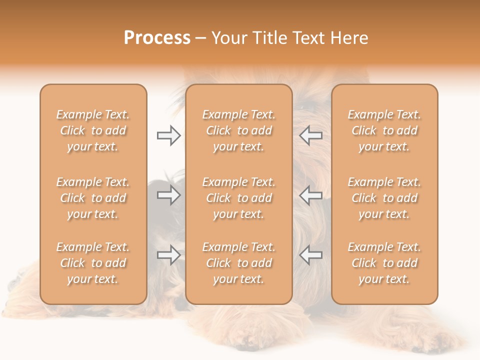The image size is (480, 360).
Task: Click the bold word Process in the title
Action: click(157, 38)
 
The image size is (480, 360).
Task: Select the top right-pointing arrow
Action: click(168, 135)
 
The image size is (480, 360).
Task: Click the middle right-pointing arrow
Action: click(168, 195)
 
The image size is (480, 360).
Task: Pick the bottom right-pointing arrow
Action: click(168, 255)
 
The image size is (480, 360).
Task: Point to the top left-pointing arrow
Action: click(310, 135)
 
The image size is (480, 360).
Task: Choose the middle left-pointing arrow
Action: click(310, 195)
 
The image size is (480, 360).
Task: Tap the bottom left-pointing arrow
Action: click(310, 255)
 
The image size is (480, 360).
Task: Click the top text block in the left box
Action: click(93, 130)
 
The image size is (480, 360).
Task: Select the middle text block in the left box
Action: click(93, 198)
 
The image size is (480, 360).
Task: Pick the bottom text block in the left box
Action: click(93, 263)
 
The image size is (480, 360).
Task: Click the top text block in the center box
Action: click(239, 130)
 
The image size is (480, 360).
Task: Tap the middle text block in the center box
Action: click(239, 198)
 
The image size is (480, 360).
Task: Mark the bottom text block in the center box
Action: click(239, 263)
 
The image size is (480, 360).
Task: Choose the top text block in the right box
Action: click(384, 130)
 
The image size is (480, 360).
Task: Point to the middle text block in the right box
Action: click(384, 198)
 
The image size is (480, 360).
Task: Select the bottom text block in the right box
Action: click(384, 263)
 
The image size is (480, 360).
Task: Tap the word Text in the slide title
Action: click(310, 38)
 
